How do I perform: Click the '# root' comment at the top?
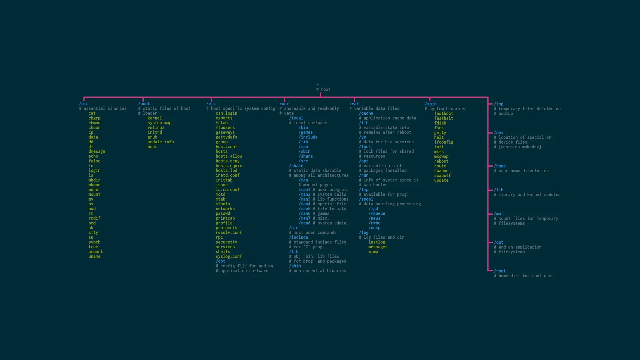(x=323, y=89)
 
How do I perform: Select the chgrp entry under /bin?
(x=94, y=118)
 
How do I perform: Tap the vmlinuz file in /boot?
(x=156, y=128)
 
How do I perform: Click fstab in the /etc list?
(x=222, y=123)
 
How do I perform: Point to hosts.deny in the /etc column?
(x=227, y=161)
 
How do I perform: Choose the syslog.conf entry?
(x=229, y=257)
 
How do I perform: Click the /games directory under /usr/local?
(x=306, y=132)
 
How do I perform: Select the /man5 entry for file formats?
(x=304, y=209)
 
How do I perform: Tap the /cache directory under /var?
(x=366, y=113)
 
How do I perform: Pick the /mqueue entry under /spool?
(x=377, y=214)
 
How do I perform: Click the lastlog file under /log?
(x=377, y=242)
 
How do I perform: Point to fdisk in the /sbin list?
(x=440, y=123)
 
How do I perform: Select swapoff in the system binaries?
(x=442, y=176)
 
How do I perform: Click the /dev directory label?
(x=499, y=133)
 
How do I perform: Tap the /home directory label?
(x=500, y=166)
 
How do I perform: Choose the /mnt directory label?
(x=499, y=214)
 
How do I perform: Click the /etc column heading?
(x=211, y=104)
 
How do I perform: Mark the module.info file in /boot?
(x=161, y=142)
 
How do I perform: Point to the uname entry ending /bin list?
(x=94, y=257)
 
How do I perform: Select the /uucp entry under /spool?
(x=374, y=228)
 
